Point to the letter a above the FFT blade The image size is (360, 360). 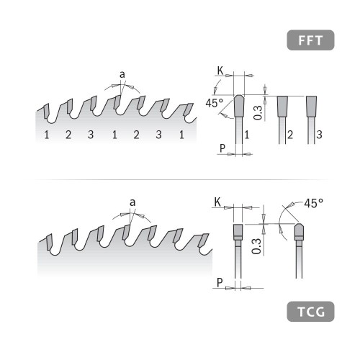point(123,74)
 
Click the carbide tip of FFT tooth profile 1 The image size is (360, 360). point(238,108)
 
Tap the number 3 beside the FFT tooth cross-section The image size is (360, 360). point(318,135)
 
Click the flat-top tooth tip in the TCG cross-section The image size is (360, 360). point(238,233)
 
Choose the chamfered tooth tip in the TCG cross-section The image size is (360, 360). point(300,232)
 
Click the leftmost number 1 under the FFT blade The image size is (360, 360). point(45,135)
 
